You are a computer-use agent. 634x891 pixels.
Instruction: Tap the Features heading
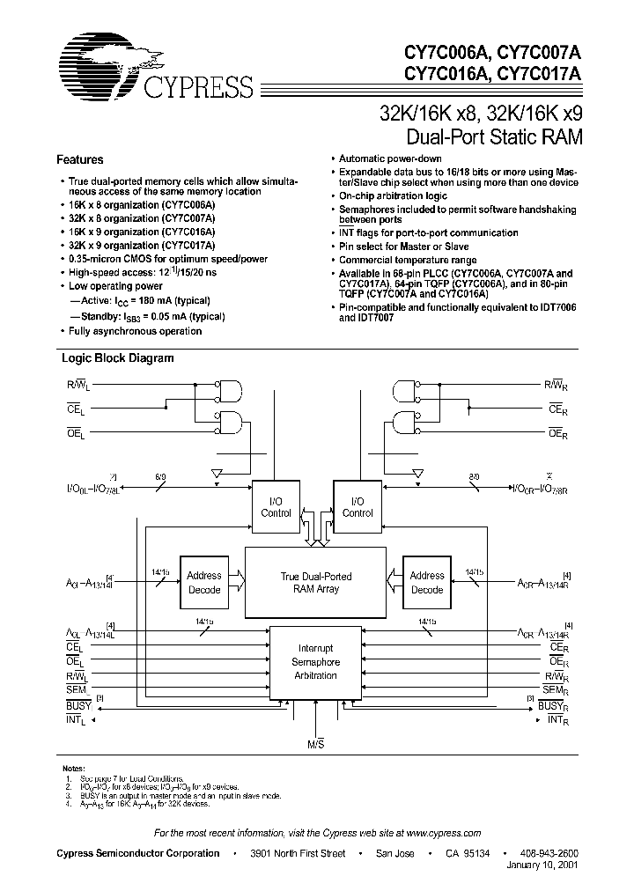(80, 160)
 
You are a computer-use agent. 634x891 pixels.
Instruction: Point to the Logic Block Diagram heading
(117, 358)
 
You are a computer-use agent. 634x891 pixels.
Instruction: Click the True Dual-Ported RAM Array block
(315, 582)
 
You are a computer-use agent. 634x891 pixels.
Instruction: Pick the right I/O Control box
(357, 506)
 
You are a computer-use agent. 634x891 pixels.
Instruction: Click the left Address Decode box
(204, 582)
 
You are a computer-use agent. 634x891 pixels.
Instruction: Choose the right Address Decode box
(427, 582)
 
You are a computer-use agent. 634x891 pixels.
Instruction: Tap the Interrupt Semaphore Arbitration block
(315, 661)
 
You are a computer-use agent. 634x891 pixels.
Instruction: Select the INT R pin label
(555, 719)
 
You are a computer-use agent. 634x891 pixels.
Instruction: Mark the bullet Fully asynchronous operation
(135, 331)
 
